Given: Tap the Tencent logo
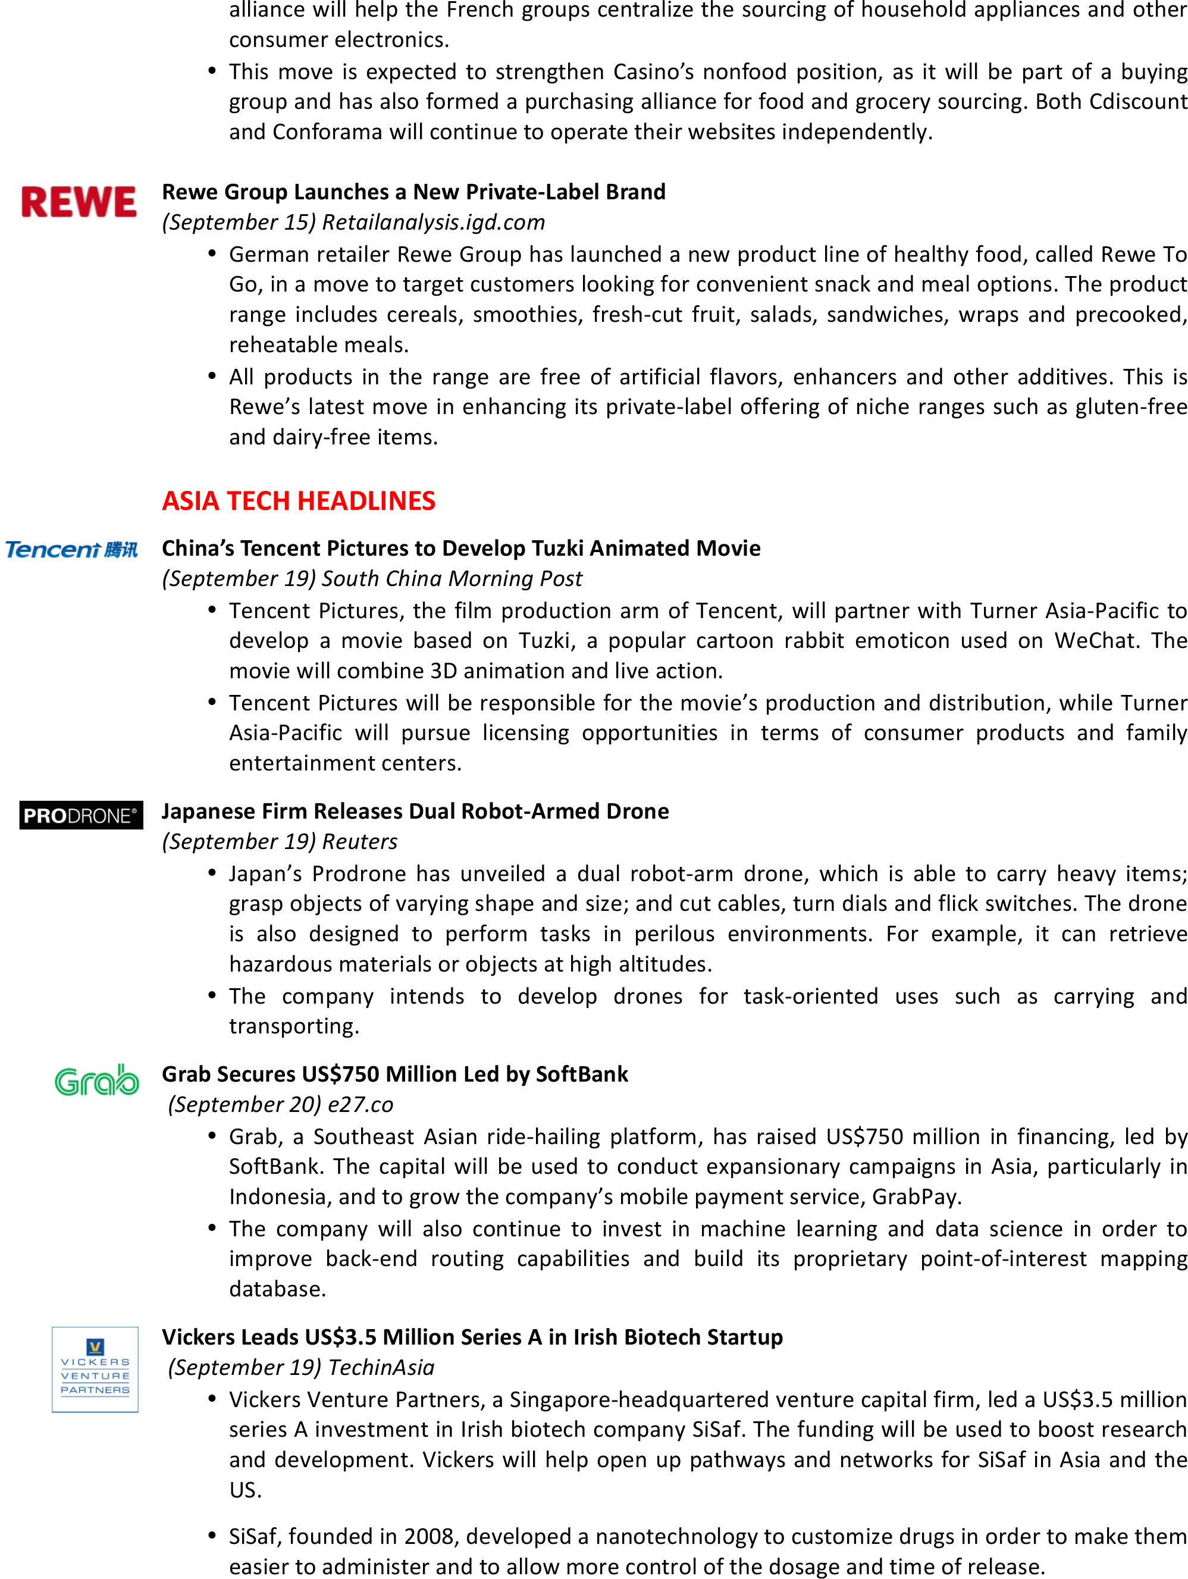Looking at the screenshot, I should coord(71,550).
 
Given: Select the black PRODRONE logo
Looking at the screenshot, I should coord(81,815).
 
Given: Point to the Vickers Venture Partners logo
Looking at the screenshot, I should coord(95,1369).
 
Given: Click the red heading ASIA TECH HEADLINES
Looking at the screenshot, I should coord(299,501).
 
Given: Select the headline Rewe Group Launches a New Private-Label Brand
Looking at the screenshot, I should coord(413,192).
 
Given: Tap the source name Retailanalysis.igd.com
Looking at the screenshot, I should coord(433,223).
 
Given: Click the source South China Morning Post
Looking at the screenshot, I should coord(452,579).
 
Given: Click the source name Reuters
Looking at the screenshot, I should coord(360,842).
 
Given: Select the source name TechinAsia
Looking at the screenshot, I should coord(381,1368).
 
